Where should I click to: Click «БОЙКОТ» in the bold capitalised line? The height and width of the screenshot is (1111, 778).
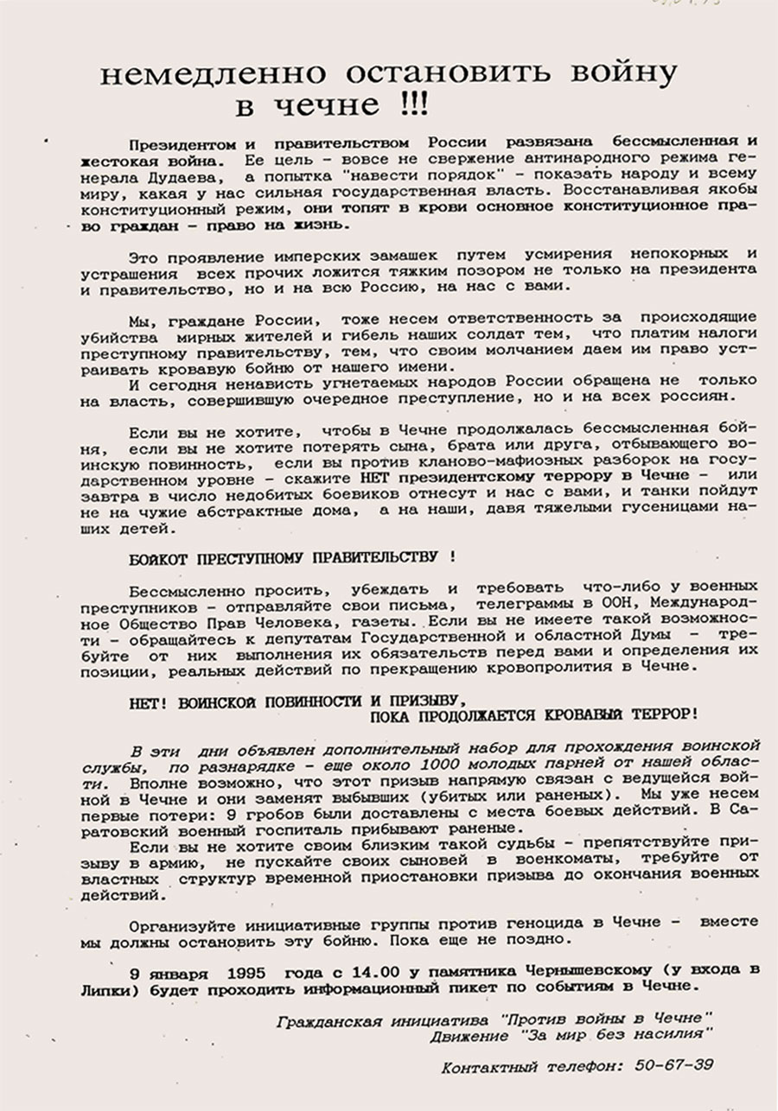click(156, 558)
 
